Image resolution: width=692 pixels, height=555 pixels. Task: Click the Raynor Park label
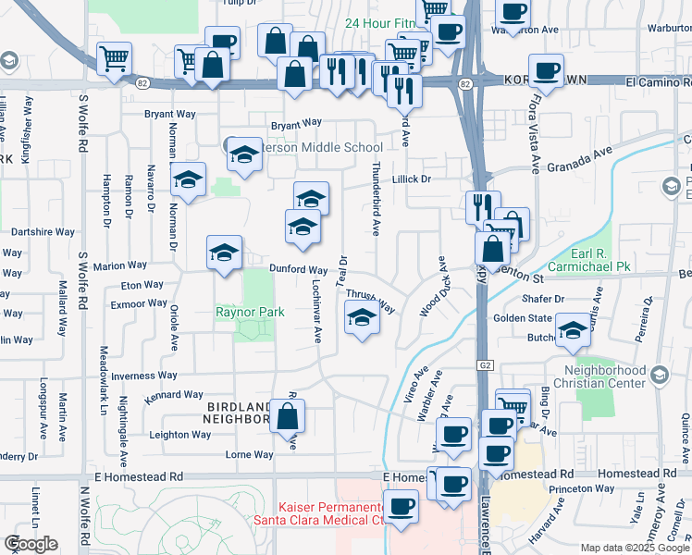(250, 313)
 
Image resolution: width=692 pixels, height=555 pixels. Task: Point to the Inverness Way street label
(143, 376)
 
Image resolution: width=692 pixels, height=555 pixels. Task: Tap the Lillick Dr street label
(412, 179)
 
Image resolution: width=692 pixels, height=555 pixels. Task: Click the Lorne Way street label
(250, 455)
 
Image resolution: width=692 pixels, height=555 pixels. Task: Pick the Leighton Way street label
(181, 434)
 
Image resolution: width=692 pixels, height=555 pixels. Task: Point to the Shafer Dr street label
(543, 299)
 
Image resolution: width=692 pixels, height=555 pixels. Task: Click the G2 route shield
(486, 366)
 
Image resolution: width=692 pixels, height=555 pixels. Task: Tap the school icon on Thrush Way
(362, 319)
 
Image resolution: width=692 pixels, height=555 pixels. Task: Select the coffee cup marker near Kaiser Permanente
(402, 507)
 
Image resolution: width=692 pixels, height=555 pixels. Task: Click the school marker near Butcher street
(573, 331)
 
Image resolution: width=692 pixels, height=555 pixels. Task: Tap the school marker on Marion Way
(224, 253)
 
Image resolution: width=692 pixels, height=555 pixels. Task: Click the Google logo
(31, 544)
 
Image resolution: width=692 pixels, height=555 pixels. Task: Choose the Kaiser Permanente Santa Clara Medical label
(331, 514)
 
